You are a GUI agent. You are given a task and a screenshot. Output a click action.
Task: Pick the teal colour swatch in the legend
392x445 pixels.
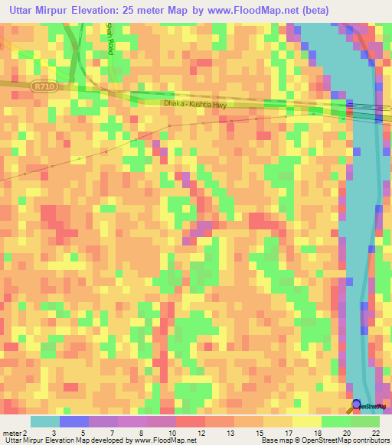tap(44, 421)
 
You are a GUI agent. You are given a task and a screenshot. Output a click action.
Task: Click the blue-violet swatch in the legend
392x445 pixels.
tap(73, 421)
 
